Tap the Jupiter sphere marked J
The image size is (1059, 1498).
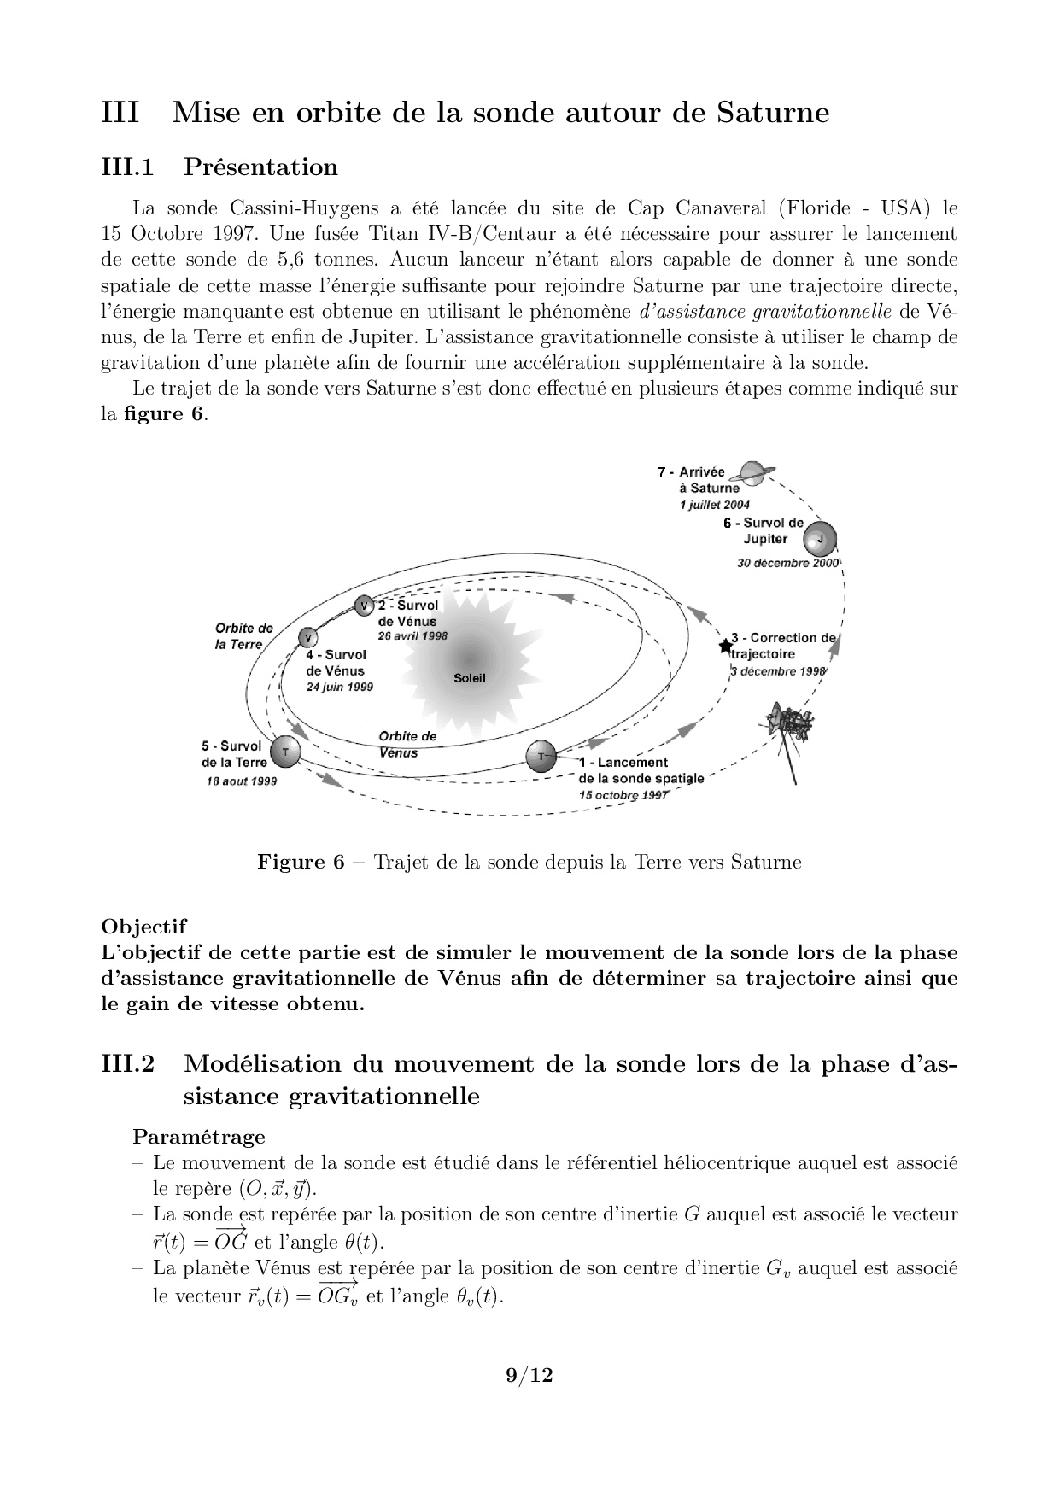pos(820,539)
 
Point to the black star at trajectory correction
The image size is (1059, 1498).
pos(726,645)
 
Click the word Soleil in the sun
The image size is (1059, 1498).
pos(470,677)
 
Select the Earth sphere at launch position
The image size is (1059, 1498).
pos(541,756)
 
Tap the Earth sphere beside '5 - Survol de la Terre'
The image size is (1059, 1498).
pos(285,752)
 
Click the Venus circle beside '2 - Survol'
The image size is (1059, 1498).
pos(365,606)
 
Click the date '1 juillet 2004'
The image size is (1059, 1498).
pos(715,505)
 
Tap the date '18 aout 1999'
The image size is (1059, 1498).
pos(242,781)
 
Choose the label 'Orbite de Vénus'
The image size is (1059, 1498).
pos(407,744)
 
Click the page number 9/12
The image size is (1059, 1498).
pos(529,1375)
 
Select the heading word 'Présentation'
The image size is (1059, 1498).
pos(260,167)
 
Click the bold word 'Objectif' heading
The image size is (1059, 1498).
pos(143,926)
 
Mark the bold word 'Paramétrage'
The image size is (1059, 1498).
pos(199,1137)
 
